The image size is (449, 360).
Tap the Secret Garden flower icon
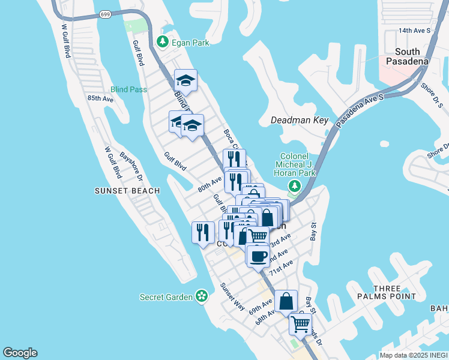[x=202, y=296]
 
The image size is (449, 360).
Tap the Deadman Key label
[x=300, y=120]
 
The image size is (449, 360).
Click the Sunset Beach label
[x=127, y=191]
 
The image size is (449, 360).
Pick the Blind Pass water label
[x=128, y=89]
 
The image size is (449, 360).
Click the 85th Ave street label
[x=100, y=98]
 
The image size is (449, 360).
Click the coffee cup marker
[x=258, y=255]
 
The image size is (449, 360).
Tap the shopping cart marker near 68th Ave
[x=300, y=324]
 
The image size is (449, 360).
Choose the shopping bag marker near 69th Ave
[x=286, y=301]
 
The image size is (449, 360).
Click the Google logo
[x=20, y=353]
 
